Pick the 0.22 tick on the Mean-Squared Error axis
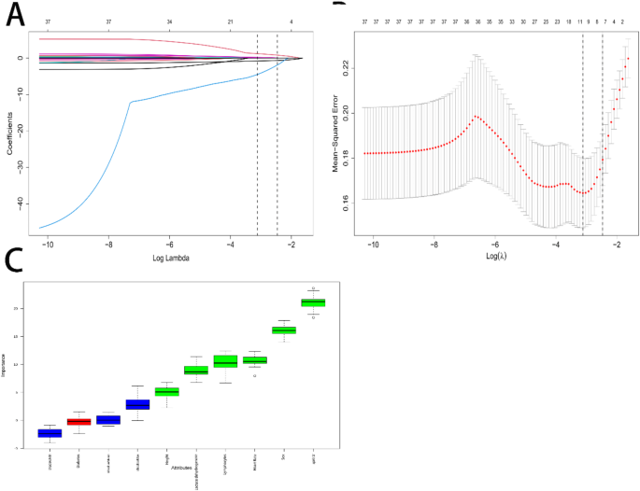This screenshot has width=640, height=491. [344, 65]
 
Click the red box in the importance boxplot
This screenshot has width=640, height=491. [78, 422]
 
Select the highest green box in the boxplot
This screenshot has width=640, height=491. [313, 302]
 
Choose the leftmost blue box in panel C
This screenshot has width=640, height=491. [50, 433]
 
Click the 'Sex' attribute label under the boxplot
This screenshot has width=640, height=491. [284, 456]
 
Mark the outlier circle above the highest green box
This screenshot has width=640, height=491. [313, 288]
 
